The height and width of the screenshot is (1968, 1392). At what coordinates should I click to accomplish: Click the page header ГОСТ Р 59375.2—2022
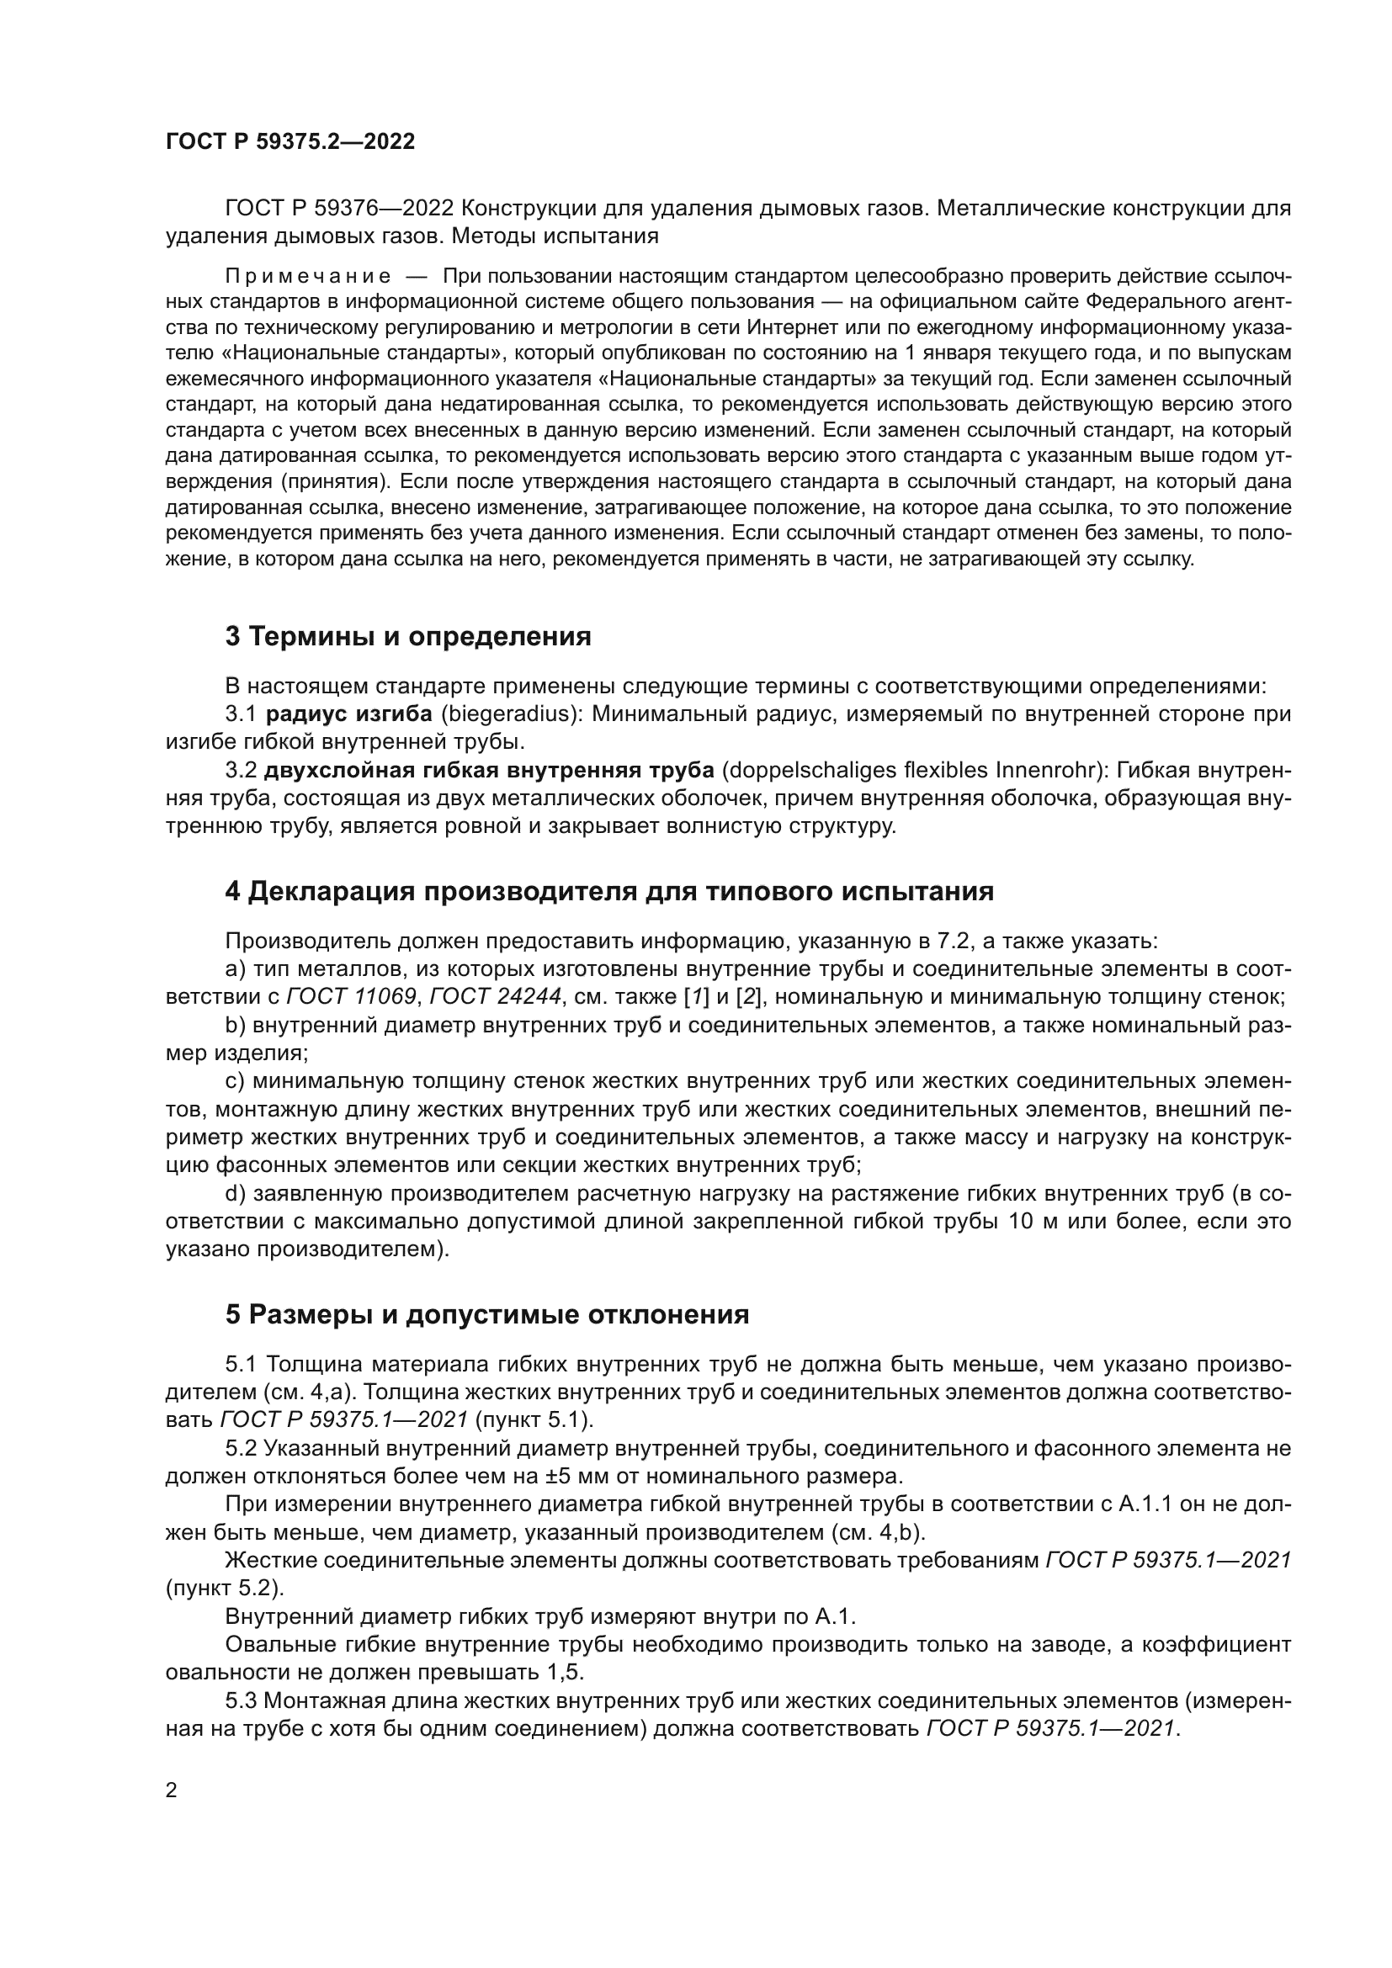point(290,142)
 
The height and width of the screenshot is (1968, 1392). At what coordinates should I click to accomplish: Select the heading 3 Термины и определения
point(408,636)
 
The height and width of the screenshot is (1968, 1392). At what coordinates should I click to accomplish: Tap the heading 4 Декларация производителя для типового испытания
point(608,891)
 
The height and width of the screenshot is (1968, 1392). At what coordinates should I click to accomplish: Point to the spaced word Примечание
point(308,277)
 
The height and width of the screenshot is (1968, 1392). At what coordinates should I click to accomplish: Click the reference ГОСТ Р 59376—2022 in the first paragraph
point(333,209)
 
